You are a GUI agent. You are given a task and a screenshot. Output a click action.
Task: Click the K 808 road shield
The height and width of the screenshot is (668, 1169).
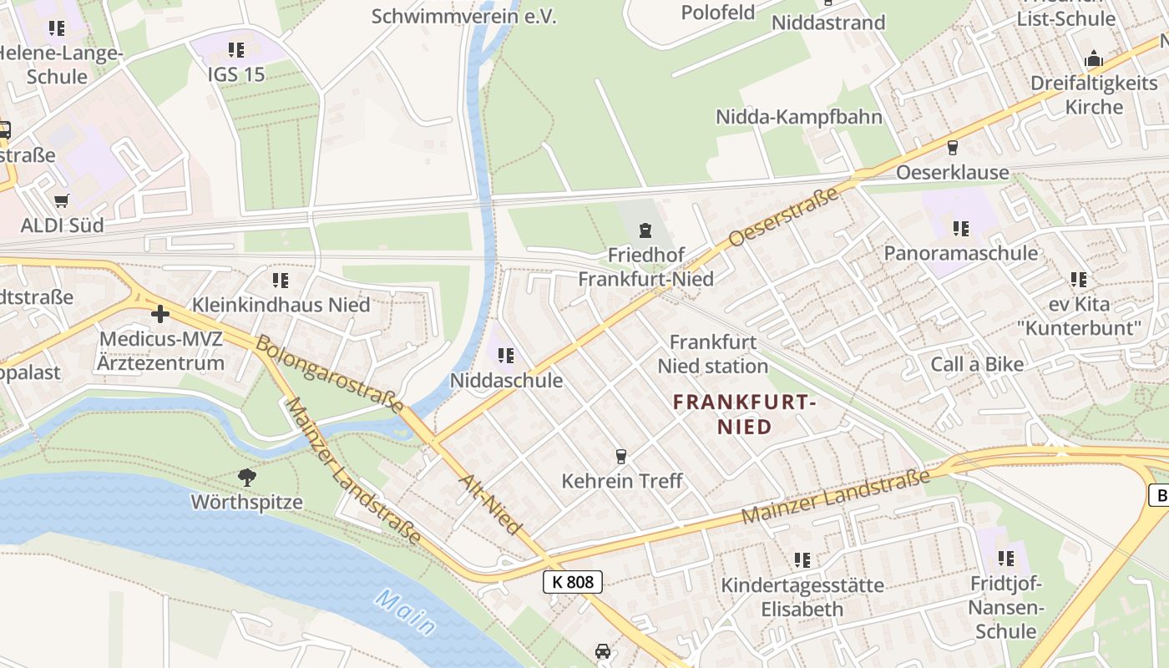pyautogui.click(x=573, y=582)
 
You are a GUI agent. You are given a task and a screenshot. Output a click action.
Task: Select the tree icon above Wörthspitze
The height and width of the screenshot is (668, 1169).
pyautogui.click(x=246, y=478)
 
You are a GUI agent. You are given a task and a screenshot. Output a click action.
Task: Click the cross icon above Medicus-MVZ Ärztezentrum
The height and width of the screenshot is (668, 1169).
pyautogui.click(x=160, y=314)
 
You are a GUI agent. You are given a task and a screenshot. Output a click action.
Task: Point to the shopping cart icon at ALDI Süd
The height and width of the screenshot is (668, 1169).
pyautogui.click(x=61, y=201)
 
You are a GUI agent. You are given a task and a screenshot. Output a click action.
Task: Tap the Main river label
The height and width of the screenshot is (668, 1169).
pyautogui.click(x=405, y=612)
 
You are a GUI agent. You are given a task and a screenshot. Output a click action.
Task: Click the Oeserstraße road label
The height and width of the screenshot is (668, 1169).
pyautogui.click(x=783, y=218)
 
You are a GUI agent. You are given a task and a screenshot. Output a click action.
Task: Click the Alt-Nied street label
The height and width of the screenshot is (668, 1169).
pyautogui.click(x=490, y=504)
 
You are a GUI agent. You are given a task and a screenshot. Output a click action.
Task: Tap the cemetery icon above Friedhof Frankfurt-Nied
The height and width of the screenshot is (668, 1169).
pyautogui.click(x=645, y=230)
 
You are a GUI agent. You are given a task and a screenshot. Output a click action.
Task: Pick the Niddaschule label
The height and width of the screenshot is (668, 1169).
pyautogui.click(x=506, y=380)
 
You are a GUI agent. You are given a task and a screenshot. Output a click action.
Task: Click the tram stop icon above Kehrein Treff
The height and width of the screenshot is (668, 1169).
pyautogui.click(x=620, y=456)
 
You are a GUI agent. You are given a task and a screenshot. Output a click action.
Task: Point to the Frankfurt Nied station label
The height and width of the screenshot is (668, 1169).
pyautogui.click(x=712, y=354)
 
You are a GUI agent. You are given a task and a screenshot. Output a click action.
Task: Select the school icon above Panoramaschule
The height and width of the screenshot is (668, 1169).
pyautogui.click(x=961, y=228)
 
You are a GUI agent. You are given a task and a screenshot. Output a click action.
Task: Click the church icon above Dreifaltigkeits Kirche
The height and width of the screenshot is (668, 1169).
pyautogui.click(x=1093, y=59)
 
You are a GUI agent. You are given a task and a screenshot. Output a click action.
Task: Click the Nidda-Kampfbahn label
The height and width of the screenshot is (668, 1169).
pyautogui.click(x=798, y=116)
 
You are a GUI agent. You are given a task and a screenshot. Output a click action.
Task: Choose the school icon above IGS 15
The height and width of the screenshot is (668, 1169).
pyautogui.click(x=236, y=50)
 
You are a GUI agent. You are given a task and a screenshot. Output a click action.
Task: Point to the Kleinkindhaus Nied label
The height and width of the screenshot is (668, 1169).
pyautogui.click(x=281, y=305)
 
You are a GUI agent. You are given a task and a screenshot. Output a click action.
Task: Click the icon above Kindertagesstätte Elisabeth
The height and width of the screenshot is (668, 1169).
pyautogui.click(x=802, y=559)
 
